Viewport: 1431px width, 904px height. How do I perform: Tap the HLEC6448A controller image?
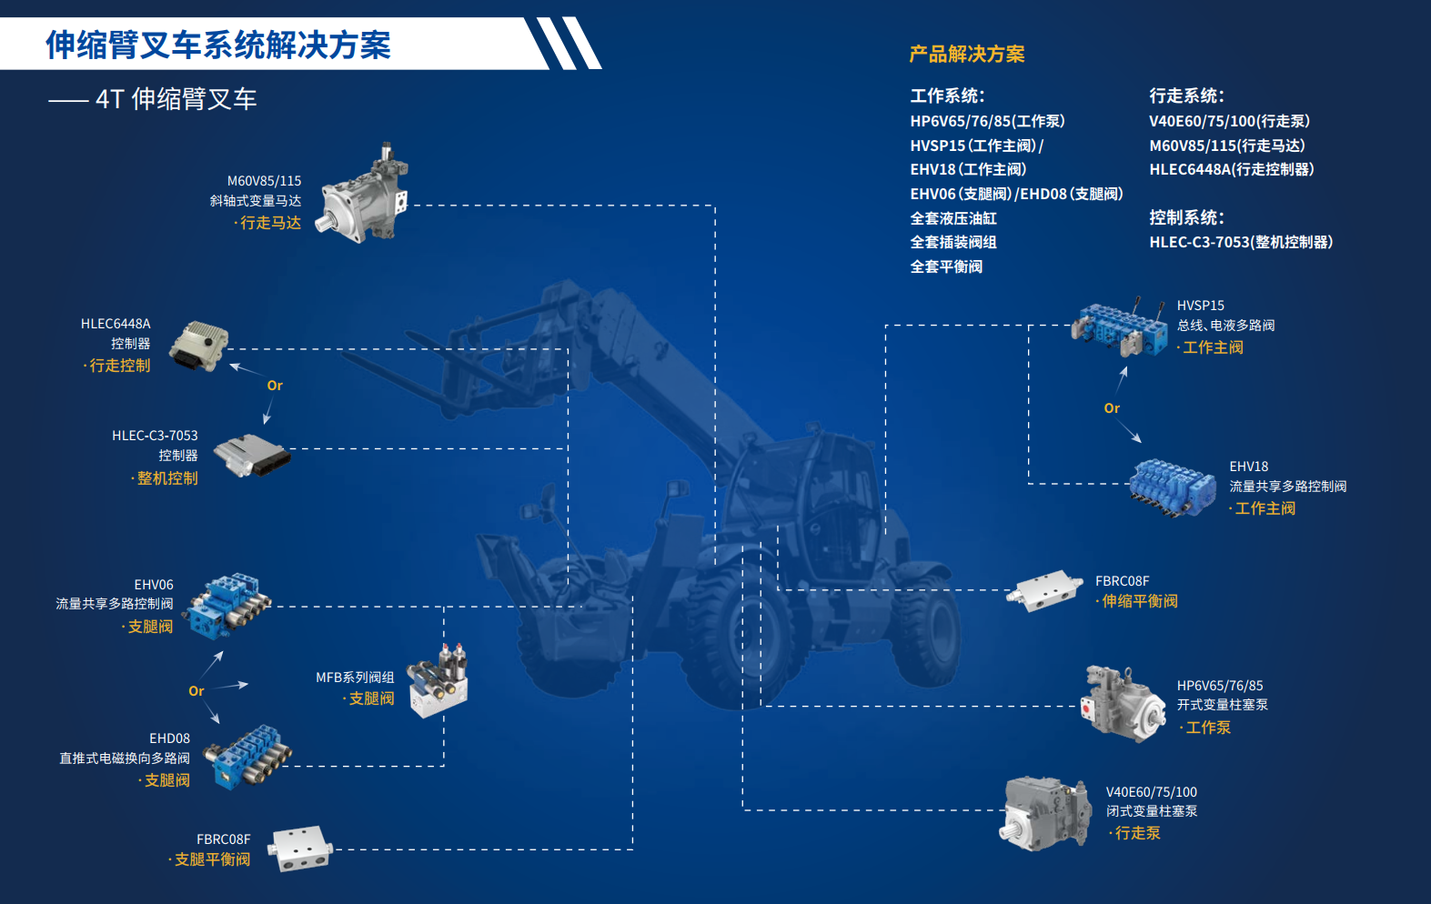(199, 346)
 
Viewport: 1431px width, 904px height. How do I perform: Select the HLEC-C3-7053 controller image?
(252, 453)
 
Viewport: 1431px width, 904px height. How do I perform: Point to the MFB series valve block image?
(440, 681)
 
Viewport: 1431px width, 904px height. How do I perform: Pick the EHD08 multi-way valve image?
(247, 756)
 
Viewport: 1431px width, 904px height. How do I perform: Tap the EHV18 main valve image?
(1173, 487)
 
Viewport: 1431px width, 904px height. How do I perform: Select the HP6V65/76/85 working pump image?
(1122, 704)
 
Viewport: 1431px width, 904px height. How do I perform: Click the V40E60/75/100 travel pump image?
(1047, 811)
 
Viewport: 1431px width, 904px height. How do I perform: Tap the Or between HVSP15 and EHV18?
(1112, 408)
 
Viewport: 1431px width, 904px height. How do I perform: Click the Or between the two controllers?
(275, 386)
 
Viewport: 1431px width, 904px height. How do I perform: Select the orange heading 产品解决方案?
(967, 55)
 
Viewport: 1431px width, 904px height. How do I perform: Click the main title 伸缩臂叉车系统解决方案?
(218, 45)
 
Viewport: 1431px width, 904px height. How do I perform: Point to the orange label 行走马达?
(270, 223)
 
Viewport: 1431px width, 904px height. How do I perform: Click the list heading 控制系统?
(1186, 217)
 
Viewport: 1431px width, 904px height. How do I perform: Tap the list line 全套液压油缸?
(953, 218)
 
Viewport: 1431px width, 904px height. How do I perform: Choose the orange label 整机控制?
(166, 478)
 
